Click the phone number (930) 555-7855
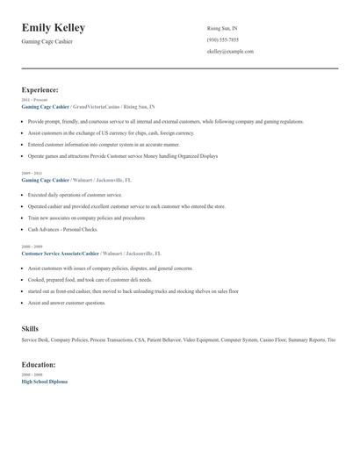[x=222, y=39]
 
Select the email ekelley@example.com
[x=230, y=52]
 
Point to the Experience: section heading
[x=40, y=89]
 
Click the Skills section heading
[x=30, y=328]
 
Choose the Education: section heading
[x=39, y=364]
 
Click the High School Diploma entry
[x=44, y=382]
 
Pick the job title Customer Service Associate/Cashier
[x=60, y=253]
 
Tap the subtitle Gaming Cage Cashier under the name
[x=49, y=42]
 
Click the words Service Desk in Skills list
[x=35, y=339]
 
